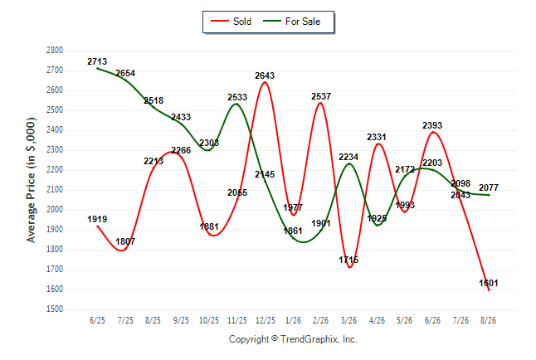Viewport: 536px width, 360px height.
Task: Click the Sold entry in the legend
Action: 231,22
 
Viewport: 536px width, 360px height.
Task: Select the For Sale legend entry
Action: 291,22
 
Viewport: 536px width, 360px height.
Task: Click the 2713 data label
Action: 97,61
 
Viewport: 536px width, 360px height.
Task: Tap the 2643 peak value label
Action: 265,75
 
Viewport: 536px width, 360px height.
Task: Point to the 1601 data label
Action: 489,283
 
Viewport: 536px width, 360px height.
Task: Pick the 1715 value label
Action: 348,260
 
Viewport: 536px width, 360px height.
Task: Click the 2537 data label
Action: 321,96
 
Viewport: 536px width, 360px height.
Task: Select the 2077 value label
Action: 489,187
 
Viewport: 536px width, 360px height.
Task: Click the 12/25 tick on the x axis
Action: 266,320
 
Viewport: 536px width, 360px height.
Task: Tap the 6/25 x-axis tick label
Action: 97,320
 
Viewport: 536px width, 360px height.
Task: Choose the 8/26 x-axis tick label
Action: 489,320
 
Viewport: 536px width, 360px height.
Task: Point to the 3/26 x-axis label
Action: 348,320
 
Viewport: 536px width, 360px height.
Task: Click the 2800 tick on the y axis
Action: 55,51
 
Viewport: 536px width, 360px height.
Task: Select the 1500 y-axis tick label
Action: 55,309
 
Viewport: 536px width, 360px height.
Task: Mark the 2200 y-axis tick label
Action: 55,169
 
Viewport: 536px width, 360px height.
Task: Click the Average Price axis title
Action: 31,180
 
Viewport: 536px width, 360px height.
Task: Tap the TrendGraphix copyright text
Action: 293,339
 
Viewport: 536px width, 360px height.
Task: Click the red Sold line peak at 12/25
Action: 265,82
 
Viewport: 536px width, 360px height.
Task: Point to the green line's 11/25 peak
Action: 236,104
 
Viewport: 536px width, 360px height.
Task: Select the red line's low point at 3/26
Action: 349,267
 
